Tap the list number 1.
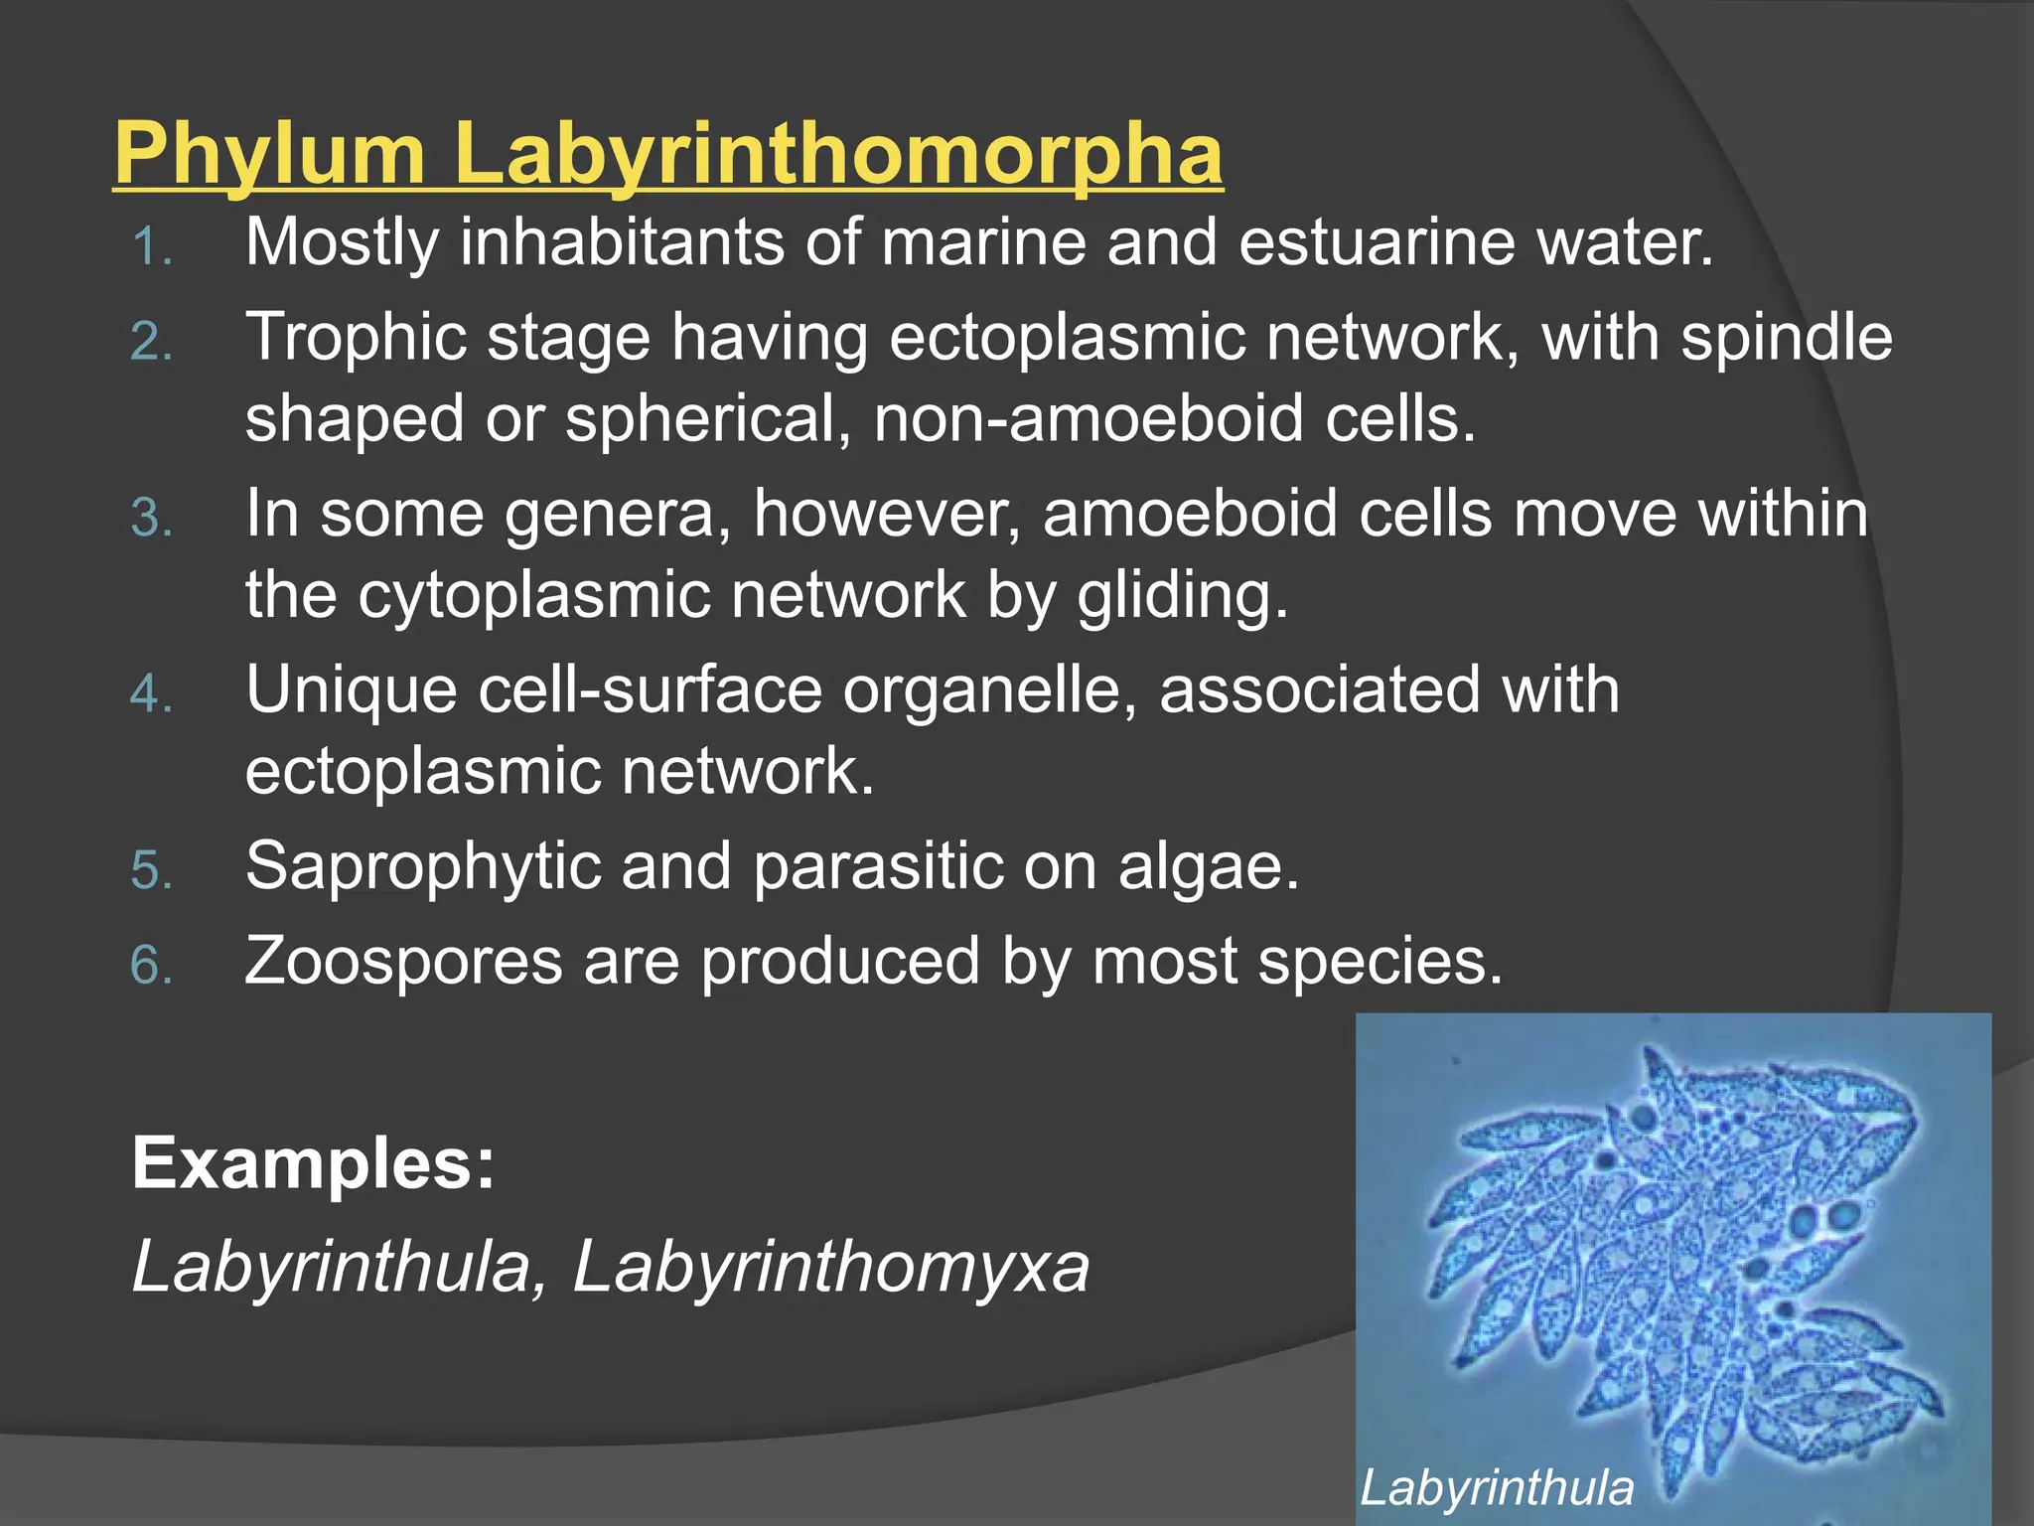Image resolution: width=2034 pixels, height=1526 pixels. click(151, 246)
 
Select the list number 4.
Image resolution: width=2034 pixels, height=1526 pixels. click(151, 693)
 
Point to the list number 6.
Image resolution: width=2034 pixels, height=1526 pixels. click(151, 965)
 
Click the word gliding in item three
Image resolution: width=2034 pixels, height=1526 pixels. click(1182, 596)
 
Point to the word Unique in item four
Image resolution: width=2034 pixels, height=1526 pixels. click(351, 690)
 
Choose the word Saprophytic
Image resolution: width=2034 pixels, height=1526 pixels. click(423, 866)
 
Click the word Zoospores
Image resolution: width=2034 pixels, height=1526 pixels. click(403, 962)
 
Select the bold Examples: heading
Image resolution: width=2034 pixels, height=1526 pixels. click(313, 1163)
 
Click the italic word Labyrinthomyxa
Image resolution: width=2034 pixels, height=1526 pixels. click(830, 1268)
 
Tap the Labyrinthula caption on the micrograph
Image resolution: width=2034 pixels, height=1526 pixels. click(1497, 1488)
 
